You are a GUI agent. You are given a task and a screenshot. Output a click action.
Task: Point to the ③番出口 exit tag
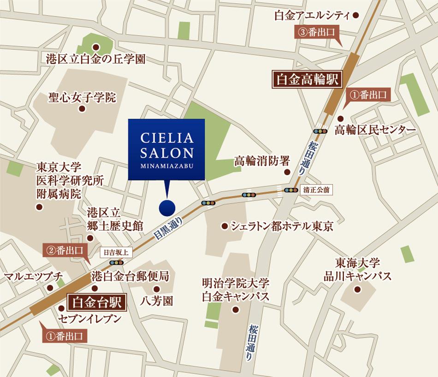pos(317,32)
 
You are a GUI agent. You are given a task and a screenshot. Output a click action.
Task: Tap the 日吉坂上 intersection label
pos(117,253)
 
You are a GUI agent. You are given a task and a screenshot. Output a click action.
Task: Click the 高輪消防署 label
pos(262,161)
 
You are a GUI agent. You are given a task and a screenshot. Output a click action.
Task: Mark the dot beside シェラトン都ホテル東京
pos(224,226)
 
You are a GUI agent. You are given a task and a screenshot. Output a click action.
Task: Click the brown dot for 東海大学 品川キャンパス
pos(357,290)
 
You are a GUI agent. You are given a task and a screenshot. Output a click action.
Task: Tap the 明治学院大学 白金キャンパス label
pos(235,290)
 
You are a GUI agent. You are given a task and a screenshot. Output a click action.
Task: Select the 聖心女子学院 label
pos(83,98)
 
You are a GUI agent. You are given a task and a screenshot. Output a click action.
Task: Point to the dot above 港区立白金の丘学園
pos(96,47)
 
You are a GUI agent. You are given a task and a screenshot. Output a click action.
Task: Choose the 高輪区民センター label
pos(375,130)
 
